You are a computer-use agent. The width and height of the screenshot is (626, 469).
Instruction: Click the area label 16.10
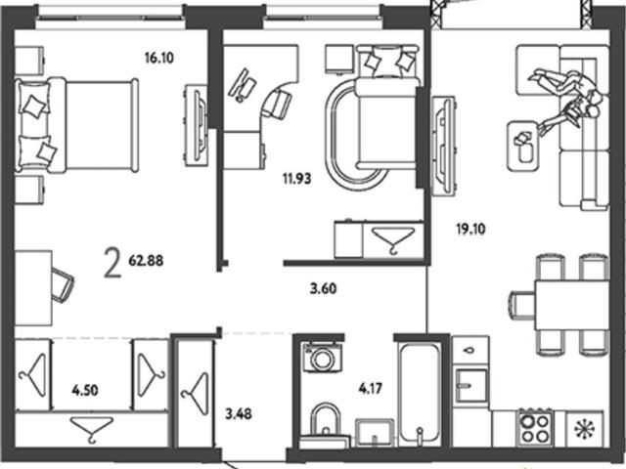pos(159,59)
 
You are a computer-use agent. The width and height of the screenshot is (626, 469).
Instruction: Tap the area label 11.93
pos(296,179)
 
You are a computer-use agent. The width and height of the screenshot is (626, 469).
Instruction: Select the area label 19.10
pos(471,230)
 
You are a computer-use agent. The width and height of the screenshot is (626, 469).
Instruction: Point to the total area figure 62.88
pos(146,261)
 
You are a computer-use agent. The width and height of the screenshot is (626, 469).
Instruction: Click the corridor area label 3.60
pos(324,288)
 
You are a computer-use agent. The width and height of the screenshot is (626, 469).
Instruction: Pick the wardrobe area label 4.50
pos(85,390)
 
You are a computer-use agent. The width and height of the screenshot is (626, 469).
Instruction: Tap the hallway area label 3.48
pos(239,414)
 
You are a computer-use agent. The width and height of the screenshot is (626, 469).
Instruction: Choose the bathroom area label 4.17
pos(371,388)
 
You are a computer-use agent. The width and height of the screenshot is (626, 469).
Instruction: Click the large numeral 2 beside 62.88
pos(112,263)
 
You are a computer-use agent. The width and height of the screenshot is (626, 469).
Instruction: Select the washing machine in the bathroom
pos(322,357)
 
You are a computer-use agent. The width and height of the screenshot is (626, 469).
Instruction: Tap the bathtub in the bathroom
pos(420,394)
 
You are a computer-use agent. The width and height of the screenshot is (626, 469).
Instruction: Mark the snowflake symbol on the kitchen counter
pos(584,429)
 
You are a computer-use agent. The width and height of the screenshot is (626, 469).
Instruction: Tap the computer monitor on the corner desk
pos(242,85)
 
